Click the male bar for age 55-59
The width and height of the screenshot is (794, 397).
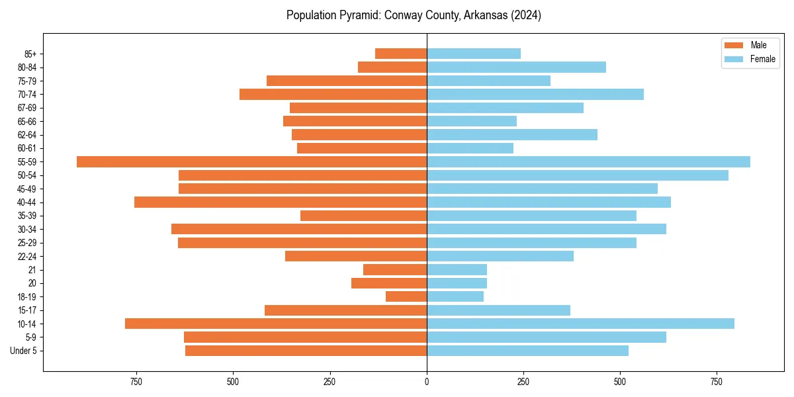tap(251, 162)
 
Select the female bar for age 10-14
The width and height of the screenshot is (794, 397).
tap(580, 324)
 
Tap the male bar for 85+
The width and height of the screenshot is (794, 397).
tap(401, 54)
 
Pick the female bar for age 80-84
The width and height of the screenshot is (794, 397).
tap(516, 67)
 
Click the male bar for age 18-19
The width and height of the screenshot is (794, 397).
tap(406, 296)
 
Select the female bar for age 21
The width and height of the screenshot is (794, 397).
tap(457, 269)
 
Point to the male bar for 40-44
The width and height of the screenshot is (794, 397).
tap(281, 202)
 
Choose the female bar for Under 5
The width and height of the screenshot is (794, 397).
tap(527, 351)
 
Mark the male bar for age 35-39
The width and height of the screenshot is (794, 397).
tap(363, 216)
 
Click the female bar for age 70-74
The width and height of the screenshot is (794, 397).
tap(535, 95)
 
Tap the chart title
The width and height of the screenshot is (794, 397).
tap(414, 15)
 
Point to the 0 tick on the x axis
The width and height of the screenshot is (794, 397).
tap(427, 382)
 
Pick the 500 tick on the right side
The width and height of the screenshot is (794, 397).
tap(620, 382)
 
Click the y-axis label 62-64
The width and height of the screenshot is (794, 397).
tap(26, 135)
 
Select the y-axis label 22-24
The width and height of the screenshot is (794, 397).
tap(26, 256)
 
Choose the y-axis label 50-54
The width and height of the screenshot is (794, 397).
tap(26, 175)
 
